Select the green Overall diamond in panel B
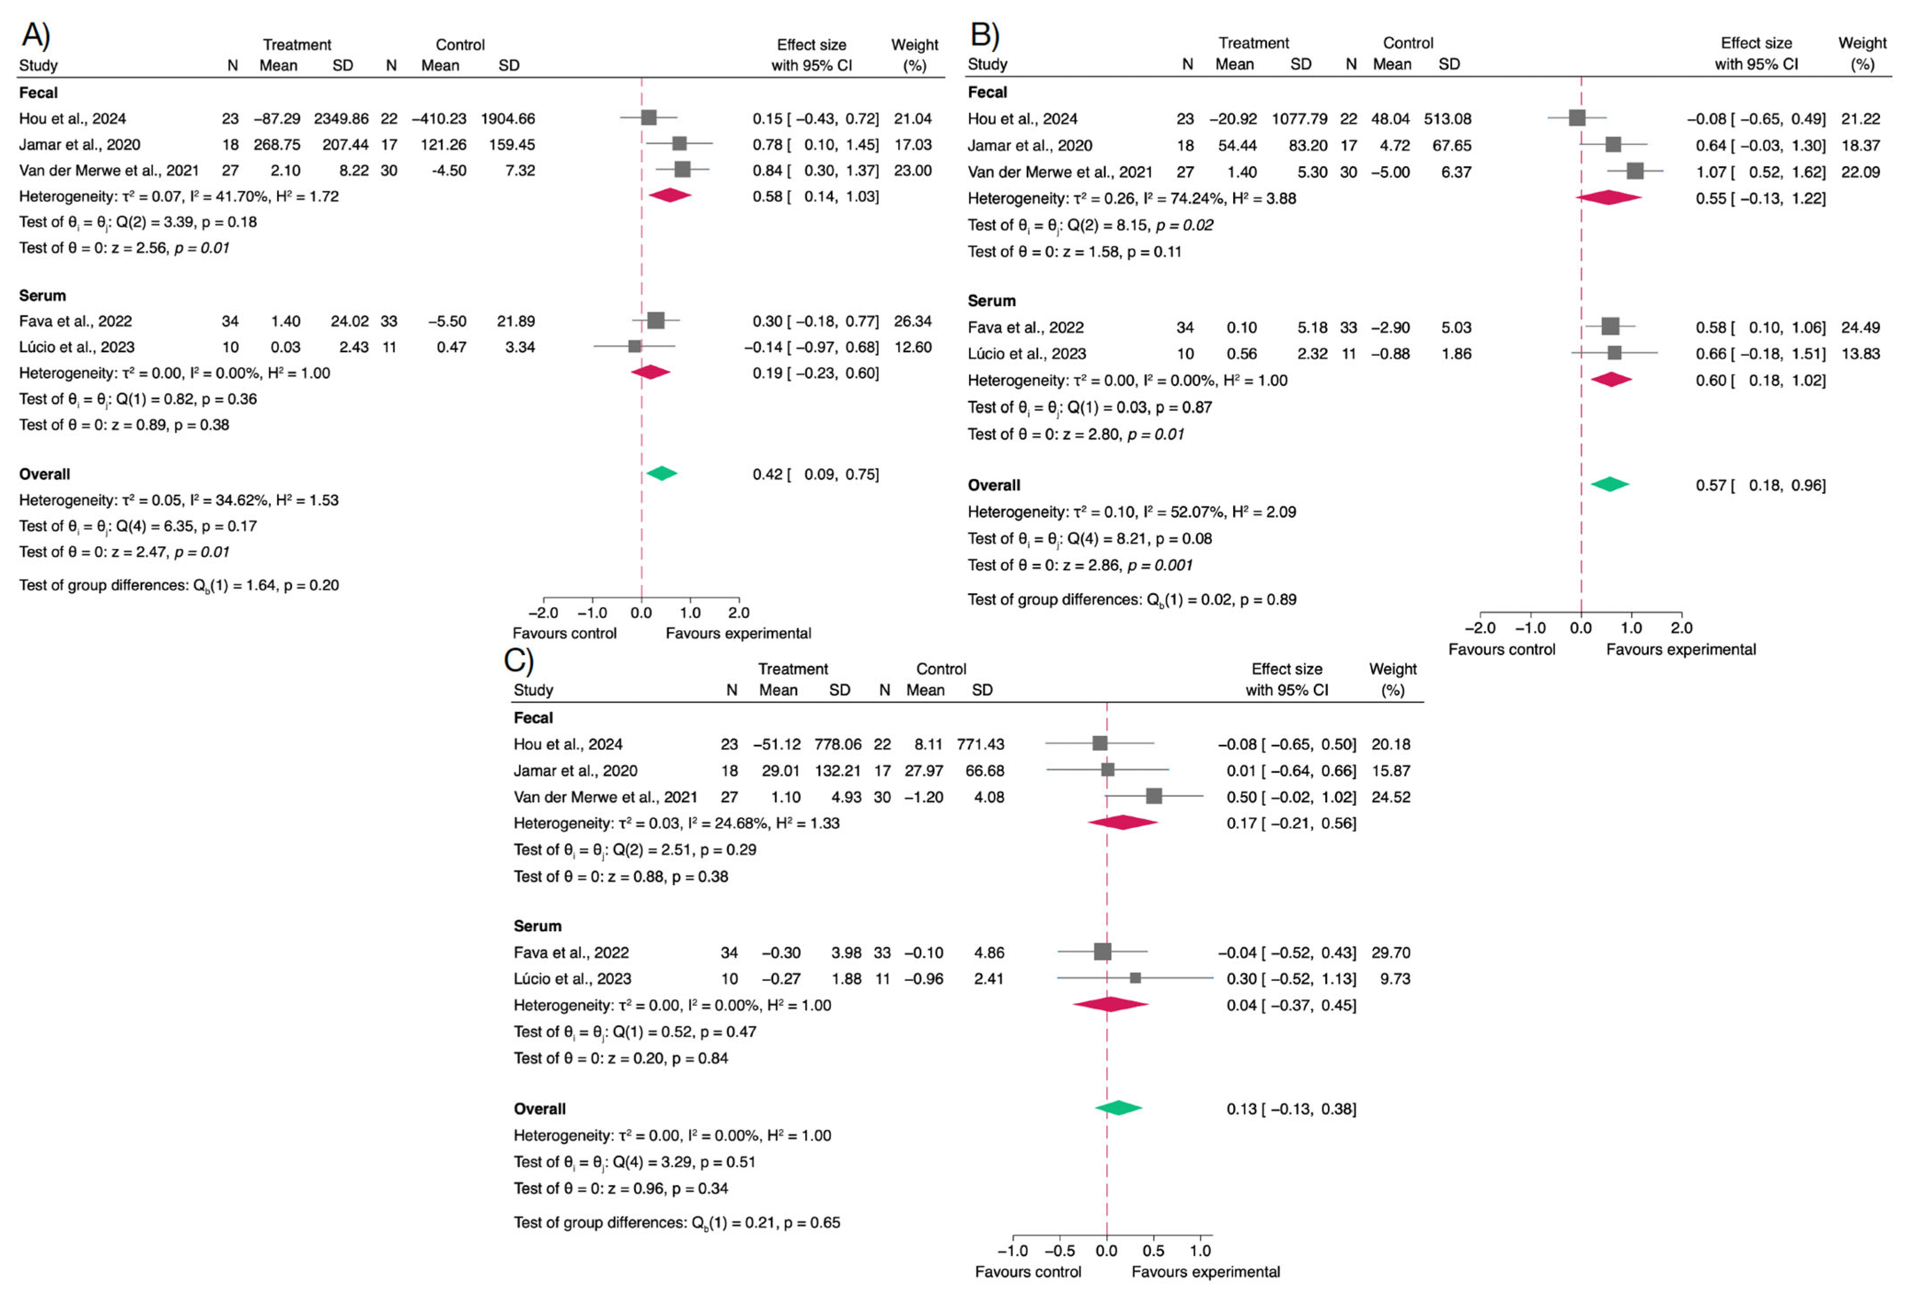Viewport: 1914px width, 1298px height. (x=1609, y=484)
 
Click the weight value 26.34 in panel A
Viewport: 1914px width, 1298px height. (x=912, y=321)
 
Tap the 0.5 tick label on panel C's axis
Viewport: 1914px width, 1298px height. (x=1153, y=1250)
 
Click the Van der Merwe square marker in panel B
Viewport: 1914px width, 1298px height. (x=1635, y=171)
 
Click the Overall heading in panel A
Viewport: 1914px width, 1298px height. (x=44, y=474)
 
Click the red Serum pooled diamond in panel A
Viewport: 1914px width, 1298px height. (x=651, y=372)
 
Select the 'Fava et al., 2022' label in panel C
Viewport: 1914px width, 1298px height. (x=571, y=953)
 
